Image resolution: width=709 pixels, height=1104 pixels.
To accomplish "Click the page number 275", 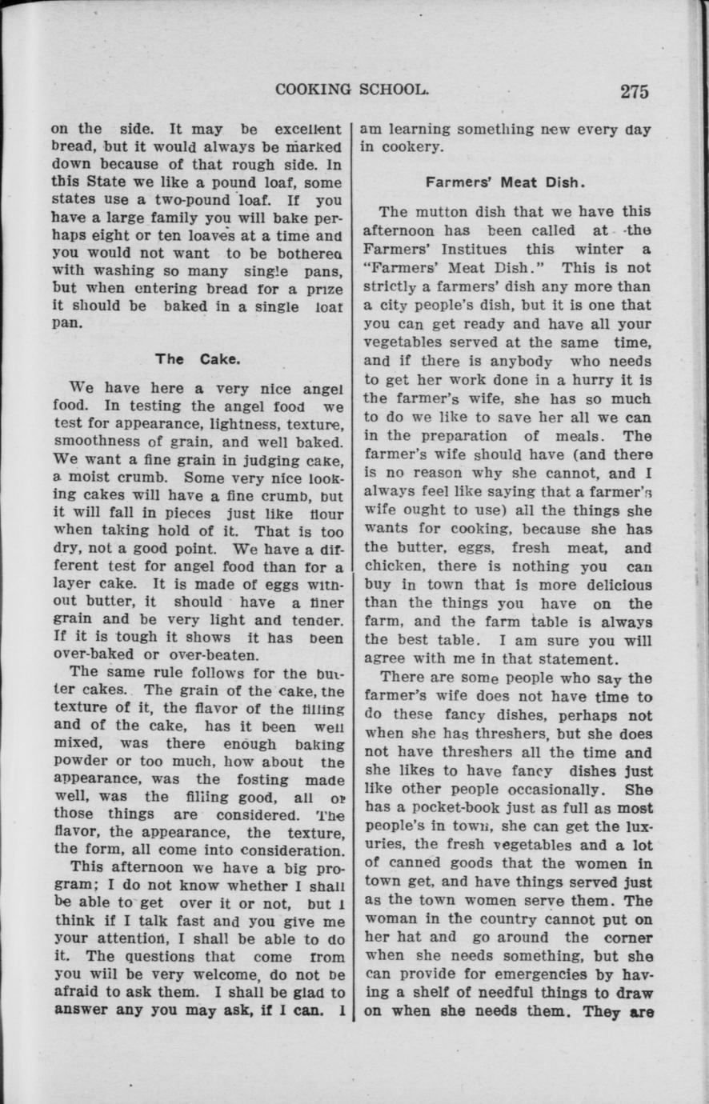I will (x=634, y=90).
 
